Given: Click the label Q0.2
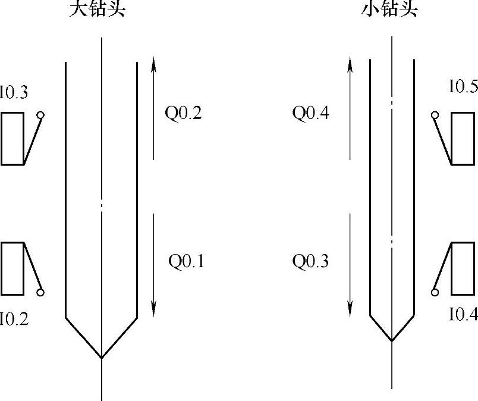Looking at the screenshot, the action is [183, 113].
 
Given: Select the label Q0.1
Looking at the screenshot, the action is [185, 262].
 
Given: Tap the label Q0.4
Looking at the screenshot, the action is [310, 113].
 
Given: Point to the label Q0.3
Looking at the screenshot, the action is [310, 262].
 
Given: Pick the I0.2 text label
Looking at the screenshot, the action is [14, 319].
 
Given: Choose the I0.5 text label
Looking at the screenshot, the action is [463, 88].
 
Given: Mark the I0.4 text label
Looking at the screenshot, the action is [463, 314].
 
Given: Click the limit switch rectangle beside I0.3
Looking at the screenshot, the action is [12, 138].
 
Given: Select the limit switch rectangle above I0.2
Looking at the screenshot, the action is [12, 268].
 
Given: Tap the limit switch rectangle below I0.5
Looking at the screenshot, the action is [463, 138].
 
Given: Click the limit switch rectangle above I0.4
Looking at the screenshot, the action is [463, 268].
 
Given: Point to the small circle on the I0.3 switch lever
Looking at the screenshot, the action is [40, 115].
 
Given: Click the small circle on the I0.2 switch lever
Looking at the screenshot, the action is [40, 292].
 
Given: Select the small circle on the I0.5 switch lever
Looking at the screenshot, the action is [435, 115].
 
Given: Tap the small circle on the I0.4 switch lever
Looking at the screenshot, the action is [435, 292].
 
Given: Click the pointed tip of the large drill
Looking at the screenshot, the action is [102, 358].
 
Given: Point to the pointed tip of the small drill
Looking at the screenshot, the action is [391, 341].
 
